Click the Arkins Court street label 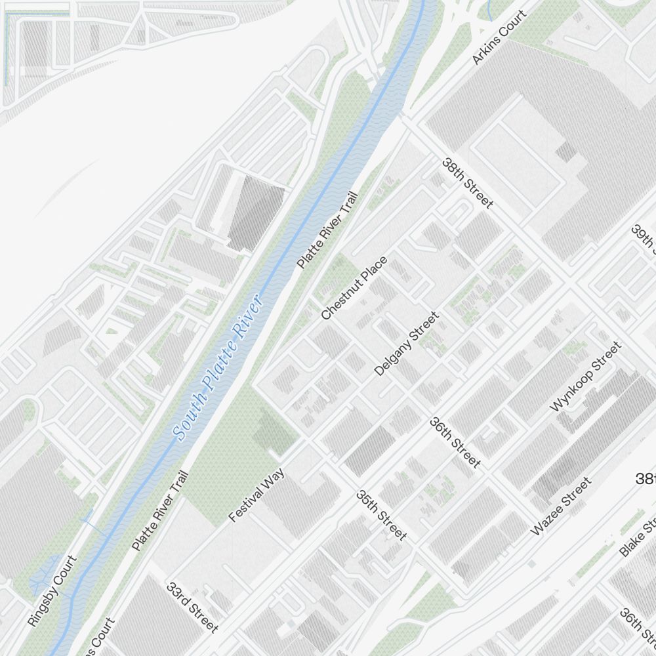point(500,37)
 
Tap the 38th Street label point(467,183)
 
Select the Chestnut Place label point(354,288)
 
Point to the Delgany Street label point(406,344)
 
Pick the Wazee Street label point(561,506)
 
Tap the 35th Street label point(381,516)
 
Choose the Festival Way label point(256,495)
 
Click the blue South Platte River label point(219,367)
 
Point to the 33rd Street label point(192,607)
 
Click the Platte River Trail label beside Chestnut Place point(327,230)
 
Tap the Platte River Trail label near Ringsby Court point(160,510)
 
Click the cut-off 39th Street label point(644,239)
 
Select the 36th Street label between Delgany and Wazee point(455,443)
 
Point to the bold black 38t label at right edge point(645,479)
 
